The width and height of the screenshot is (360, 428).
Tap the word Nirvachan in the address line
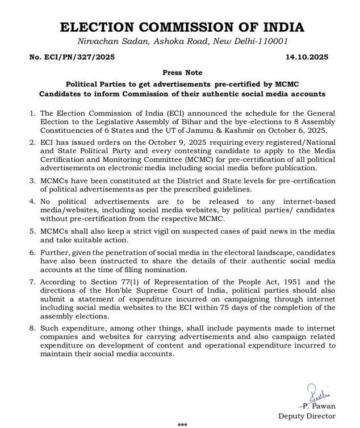click(97, 41)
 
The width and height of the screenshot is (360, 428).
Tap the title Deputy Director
click(307, 416)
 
